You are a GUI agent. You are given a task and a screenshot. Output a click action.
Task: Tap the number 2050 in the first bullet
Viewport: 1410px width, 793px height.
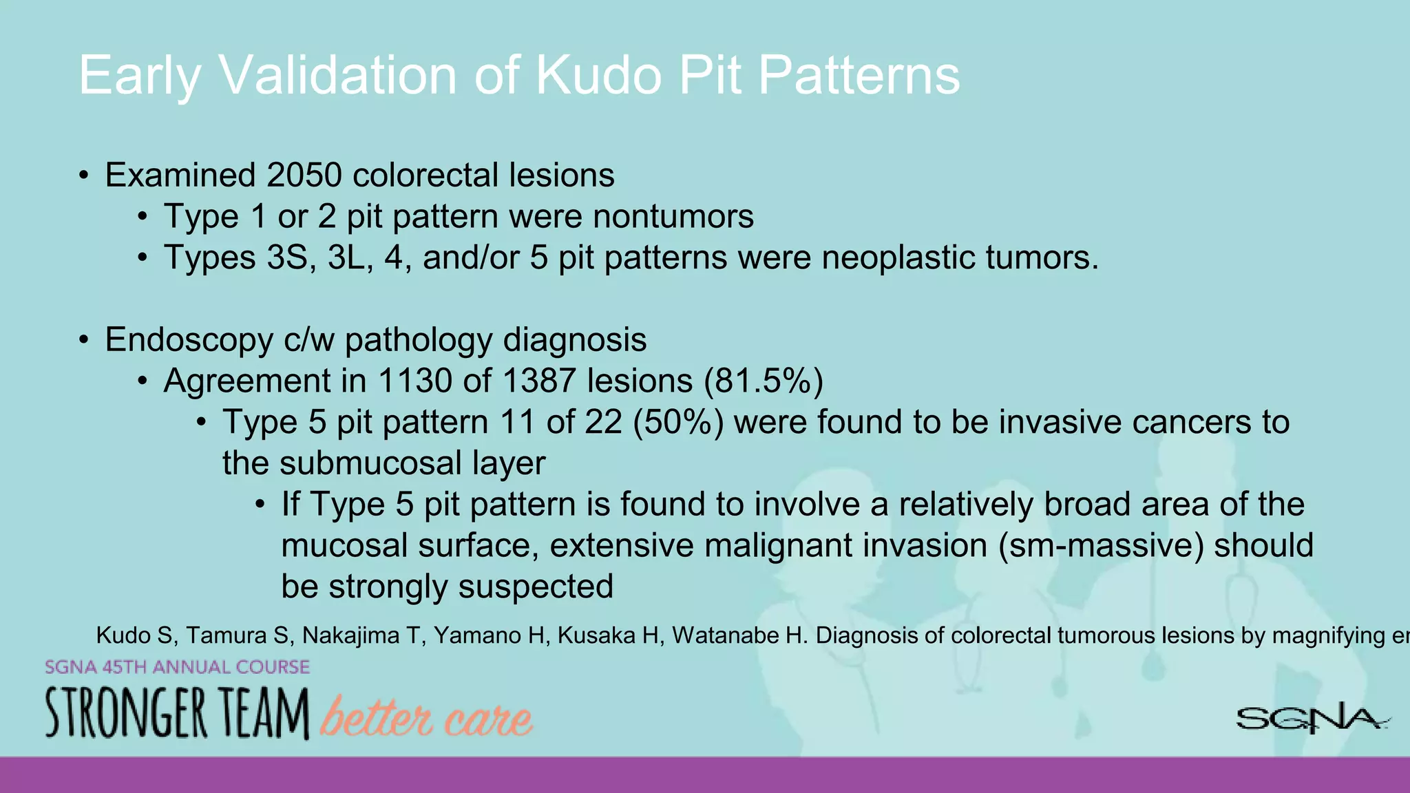(304, 175)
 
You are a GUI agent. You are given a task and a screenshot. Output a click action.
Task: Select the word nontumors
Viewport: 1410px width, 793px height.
(673, 216)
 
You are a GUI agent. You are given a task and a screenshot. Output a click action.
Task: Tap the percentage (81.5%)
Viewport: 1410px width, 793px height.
(763, 381)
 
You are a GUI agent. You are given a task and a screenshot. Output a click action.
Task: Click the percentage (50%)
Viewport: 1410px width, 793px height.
(678, 422)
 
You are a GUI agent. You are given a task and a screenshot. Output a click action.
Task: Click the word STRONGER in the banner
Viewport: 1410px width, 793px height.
(126, 714)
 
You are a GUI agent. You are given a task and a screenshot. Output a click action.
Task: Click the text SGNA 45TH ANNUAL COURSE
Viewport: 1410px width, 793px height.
(177, 667)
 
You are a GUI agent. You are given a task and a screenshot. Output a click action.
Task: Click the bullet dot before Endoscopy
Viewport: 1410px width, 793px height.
(83, 340)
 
